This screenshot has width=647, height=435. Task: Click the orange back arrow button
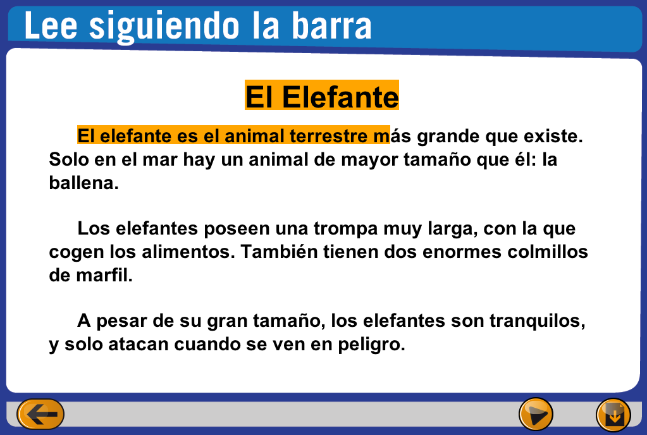point(40,414)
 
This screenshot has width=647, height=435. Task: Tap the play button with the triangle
point(536,414)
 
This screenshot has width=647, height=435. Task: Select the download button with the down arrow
point(613,415)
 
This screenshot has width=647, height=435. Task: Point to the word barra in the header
point(332,27)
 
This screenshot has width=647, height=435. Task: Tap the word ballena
point(83,183)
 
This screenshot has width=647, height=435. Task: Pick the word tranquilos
point(538,321)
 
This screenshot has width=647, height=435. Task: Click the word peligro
point(371,345)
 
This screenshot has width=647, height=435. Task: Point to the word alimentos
point(188,252)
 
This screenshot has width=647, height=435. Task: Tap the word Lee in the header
point(51,26)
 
